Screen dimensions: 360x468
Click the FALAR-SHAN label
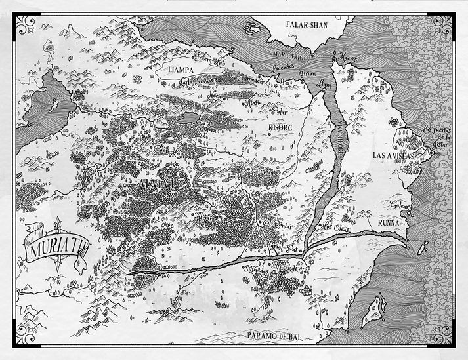(307, 25)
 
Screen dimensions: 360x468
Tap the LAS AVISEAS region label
(393, 155)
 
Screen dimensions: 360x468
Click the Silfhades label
(258, 270)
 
